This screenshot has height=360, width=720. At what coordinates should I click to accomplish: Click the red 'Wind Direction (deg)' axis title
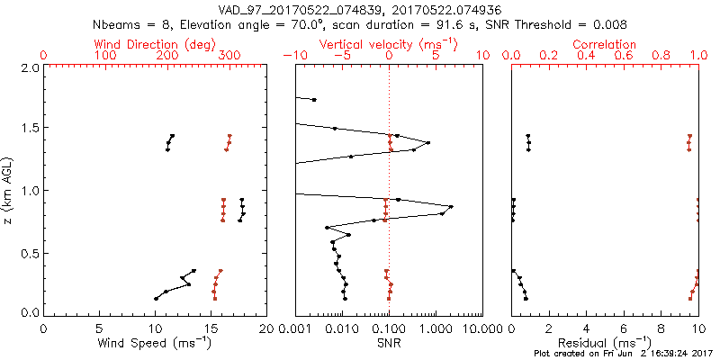click(155, 44)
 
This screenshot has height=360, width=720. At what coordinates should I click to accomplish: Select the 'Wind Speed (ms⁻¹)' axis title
click(155, 343)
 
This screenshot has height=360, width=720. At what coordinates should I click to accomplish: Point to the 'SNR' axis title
click(389, 343)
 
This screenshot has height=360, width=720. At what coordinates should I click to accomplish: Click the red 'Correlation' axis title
click(605, 44)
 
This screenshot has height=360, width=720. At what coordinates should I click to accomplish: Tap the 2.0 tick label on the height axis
click(29, 67)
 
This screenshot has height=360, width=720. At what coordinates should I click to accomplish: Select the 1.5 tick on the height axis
click(29, 129)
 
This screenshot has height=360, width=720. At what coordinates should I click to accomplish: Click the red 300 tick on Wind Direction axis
click(229, 56)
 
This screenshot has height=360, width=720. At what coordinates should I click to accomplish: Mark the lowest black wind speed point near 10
click(156, 298)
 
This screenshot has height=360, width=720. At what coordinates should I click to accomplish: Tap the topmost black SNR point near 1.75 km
click(314, 100)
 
